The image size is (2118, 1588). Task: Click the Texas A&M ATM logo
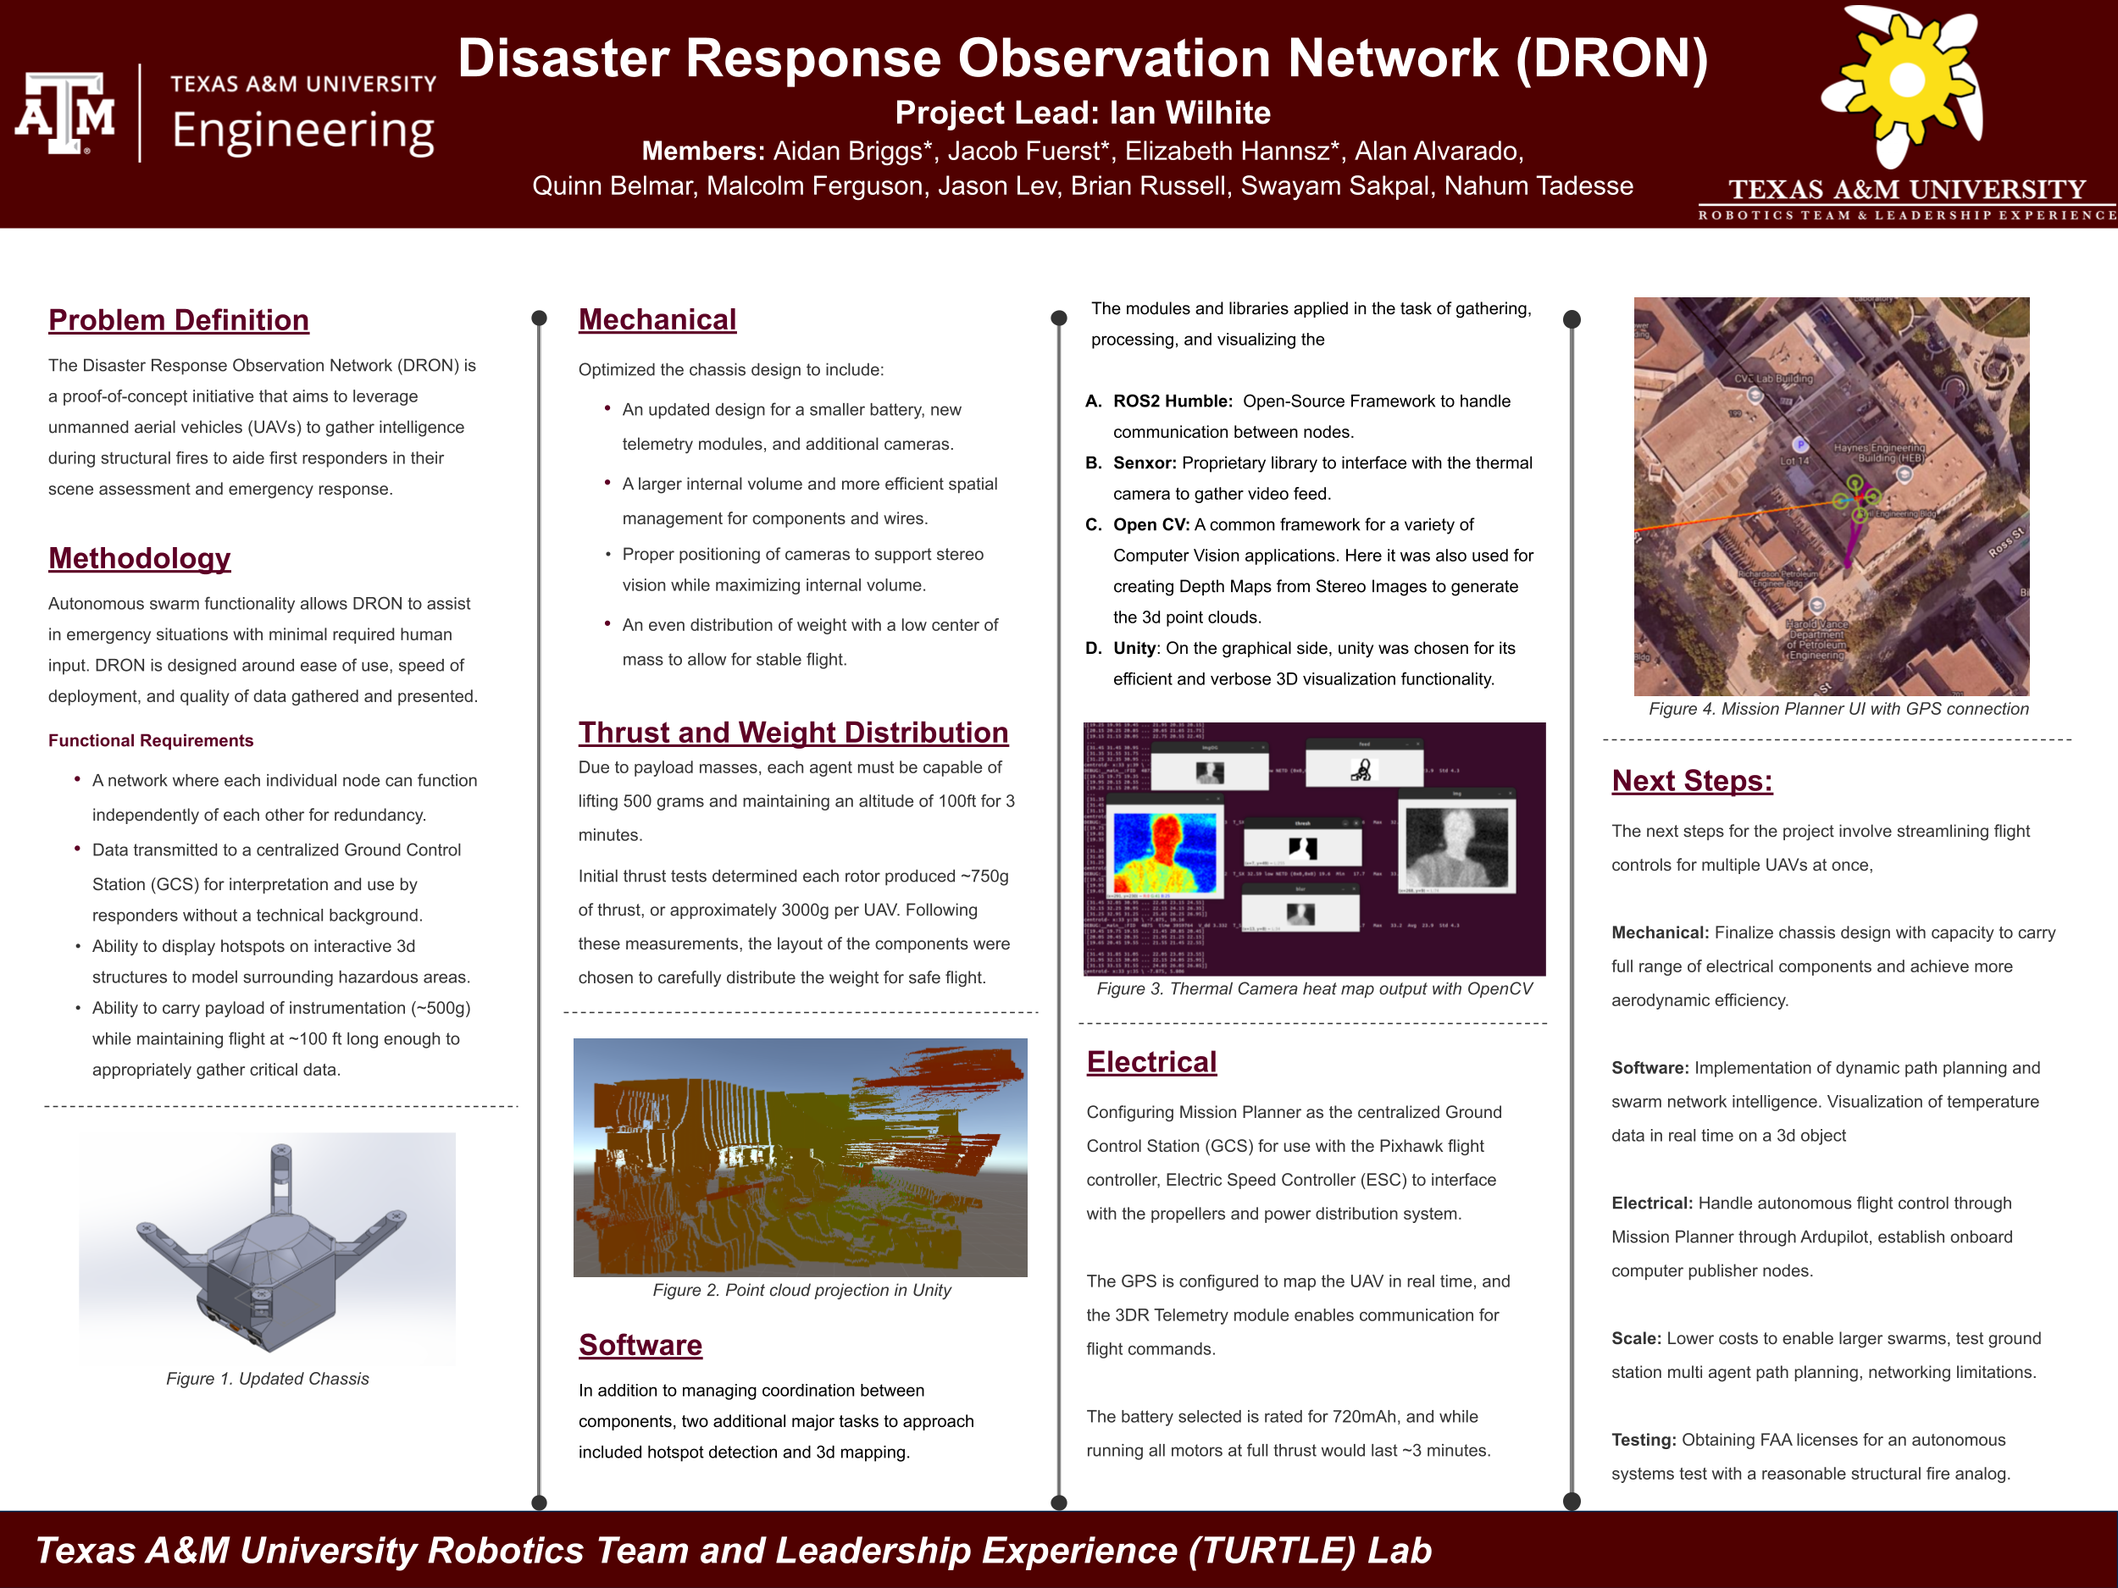pos(65,113)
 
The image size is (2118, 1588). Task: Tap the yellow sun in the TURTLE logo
pos(1905,80)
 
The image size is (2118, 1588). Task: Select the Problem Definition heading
pos(179,319)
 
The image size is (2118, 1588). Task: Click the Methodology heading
pos(140,558)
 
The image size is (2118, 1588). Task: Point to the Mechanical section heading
pos(657,319)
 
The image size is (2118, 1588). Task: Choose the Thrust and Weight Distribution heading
pos(793,733)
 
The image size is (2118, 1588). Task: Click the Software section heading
pos(640,1345)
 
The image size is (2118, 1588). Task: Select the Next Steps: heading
pos(1692,781)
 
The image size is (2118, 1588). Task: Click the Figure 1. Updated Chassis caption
pos(267,1378)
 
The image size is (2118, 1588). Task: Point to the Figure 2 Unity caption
pos(801,1291)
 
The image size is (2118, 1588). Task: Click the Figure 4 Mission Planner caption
pos(1838,709)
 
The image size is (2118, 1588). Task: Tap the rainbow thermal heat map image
pos(1164,852)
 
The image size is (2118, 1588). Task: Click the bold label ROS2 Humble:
pos(1172,401)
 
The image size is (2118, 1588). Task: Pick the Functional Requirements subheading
pos(150,741)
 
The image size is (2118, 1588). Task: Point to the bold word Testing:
pos(1643,1440)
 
